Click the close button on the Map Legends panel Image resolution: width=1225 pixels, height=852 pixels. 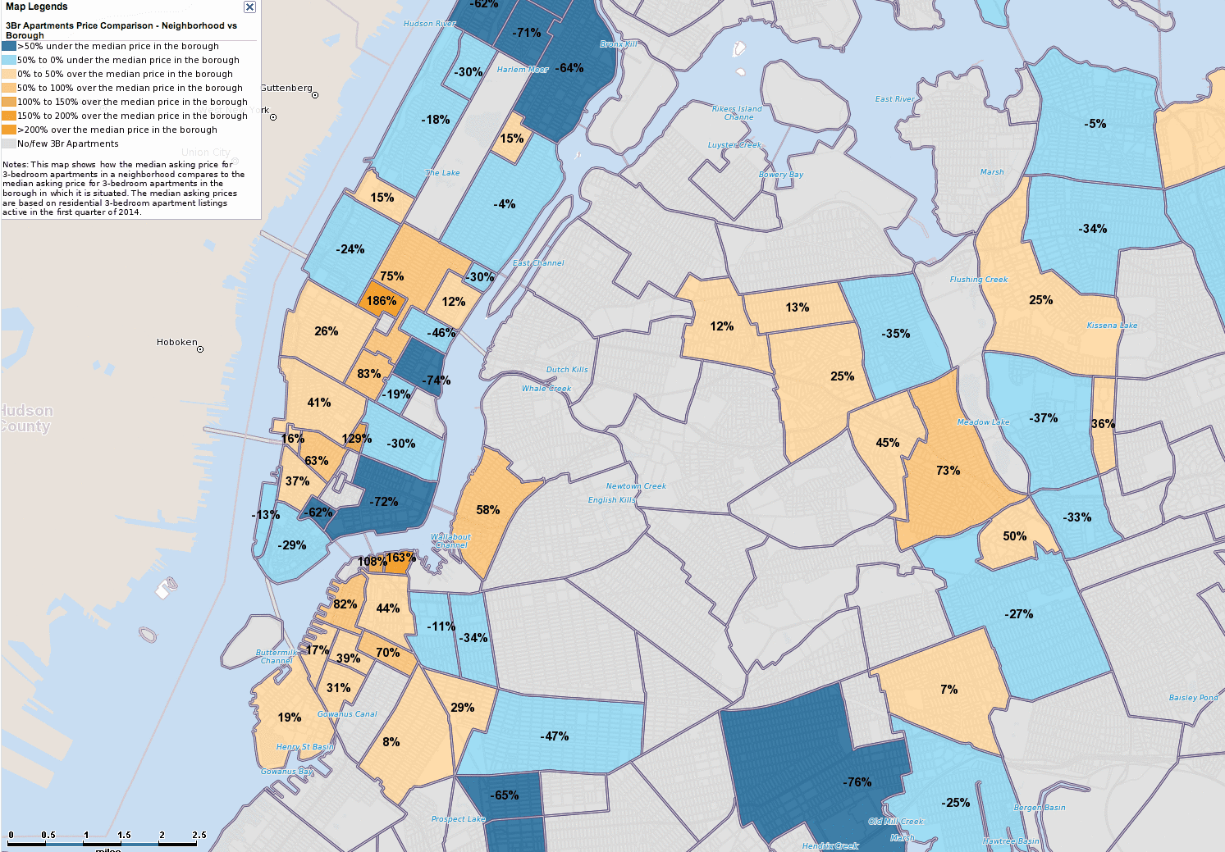(249, 7)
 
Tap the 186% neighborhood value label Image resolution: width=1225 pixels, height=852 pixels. (382, 301)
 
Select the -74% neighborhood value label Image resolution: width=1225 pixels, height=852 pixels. (437, 380)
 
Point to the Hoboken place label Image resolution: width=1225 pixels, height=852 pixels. (176, 342)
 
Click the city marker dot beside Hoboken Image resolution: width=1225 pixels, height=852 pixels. (200, 349)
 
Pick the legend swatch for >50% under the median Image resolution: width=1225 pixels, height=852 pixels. (9, 46)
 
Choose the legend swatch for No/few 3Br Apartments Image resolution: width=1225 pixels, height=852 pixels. (9, 144)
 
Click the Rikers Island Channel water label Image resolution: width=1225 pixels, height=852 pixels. (737, 113)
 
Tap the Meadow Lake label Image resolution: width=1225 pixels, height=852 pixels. (983, 422)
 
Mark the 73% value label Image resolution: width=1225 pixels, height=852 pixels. (948, 471)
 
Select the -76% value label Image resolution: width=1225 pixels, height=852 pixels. (857, 782)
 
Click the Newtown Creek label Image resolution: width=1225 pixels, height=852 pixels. (636, 486)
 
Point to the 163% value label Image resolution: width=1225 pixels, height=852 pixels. (400, 558)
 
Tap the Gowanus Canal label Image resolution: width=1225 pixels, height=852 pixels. (347, 714)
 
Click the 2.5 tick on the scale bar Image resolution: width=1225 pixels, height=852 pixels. (199, 835)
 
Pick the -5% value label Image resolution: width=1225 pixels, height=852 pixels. (1095, 124)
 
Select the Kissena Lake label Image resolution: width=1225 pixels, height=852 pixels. (1112, 326)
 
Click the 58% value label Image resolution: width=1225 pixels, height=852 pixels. (487, 510)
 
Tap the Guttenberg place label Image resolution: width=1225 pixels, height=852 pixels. (286, 88)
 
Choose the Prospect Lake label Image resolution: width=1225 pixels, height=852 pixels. (458, 819)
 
